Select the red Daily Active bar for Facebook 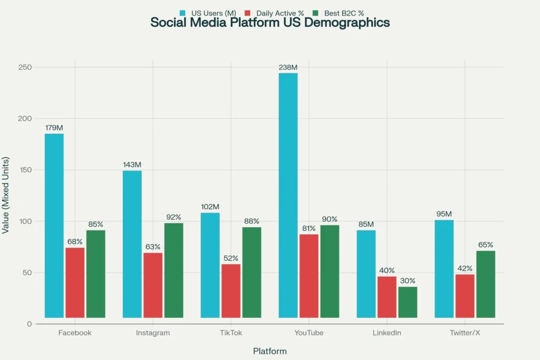75,282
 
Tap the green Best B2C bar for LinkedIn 407,302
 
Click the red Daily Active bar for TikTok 231,290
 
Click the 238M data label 287,67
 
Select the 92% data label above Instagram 174,217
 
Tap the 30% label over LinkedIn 407,281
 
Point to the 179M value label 54,128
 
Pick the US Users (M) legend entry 210,13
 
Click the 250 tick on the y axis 25,67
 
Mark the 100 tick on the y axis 25,221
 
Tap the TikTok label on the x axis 231,333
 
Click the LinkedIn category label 387,333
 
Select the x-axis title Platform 270,351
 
